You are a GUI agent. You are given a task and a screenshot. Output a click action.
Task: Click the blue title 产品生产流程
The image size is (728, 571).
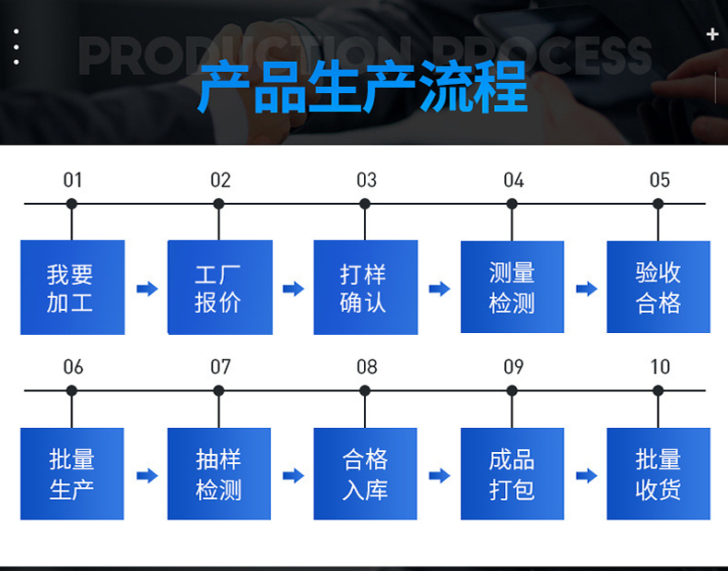coord(363,87)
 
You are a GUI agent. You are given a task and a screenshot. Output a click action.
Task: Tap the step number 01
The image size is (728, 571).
coord(73,180)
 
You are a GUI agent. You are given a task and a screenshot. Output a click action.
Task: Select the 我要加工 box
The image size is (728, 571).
coord(73,287)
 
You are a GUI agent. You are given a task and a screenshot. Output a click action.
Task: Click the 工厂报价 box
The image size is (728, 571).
coord(220,287)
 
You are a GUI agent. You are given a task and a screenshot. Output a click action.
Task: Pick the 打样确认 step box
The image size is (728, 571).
coord(366,287)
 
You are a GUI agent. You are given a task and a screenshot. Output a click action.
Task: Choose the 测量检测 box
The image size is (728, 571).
coord(512,287)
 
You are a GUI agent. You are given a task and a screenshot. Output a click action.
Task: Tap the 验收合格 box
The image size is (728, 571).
coord(658,287)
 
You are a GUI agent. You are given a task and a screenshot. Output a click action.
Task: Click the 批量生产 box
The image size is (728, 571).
coord(72,473)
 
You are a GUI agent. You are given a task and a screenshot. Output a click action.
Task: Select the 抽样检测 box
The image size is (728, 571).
coord(219,473)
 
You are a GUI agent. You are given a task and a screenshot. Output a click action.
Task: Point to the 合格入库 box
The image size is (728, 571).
coord(366,473)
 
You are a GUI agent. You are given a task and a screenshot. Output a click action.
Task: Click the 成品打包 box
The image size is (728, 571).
coord(512,473)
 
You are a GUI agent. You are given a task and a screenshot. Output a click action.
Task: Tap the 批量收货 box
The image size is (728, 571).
coord(658,473)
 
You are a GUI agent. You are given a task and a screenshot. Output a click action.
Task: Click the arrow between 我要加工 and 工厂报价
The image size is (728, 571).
coord(147,289)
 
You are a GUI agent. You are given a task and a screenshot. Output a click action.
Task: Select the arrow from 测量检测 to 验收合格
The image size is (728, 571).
coord(586,289)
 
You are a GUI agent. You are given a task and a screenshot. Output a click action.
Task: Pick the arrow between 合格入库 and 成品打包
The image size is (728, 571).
coord(440,475)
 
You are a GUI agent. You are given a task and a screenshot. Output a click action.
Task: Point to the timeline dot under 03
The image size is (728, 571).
coord(365,204)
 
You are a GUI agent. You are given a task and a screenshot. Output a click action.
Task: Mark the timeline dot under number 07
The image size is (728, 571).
coord(218,391)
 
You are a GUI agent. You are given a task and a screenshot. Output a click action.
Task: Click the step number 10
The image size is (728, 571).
coord(660,367)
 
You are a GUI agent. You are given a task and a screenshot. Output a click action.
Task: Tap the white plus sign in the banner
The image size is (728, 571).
coord(712,34)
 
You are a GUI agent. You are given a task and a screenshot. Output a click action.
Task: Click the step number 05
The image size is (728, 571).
coord(660,180)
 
